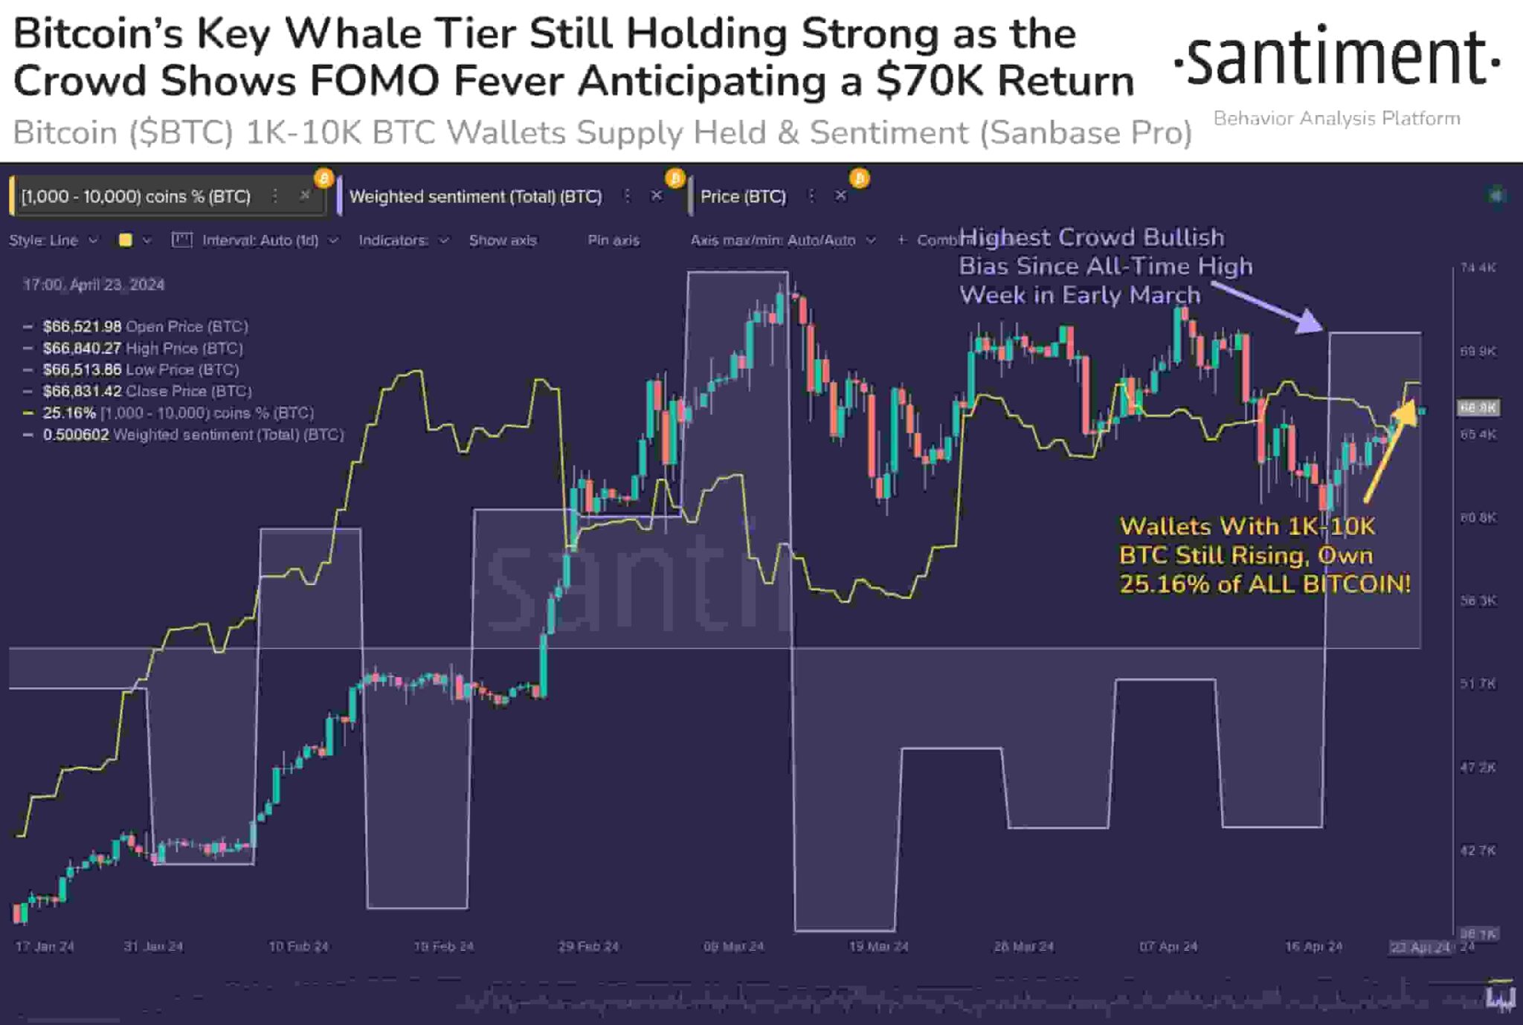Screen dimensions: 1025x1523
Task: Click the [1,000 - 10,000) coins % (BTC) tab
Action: tap(136, 197)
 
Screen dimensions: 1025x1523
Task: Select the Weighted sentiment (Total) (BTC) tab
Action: tap(475, 197)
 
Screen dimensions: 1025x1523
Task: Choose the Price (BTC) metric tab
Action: tap(743, 197)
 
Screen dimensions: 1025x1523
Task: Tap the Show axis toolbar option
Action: tap(503, 241)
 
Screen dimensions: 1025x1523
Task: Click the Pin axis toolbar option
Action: tap(613, 241)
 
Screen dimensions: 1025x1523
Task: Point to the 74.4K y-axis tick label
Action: tap(1478, 268)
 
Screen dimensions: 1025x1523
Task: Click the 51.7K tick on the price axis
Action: tap(1478, 684)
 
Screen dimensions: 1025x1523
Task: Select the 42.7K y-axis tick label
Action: tap(1478, 850)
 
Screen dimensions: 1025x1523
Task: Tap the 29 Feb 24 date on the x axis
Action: tap(588, 947)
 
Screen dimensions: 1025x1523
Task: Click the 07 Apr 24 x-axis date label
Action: tap(1168, 947)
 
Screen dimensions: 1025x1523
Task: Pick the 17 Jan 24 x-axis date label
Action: tap(45, 947)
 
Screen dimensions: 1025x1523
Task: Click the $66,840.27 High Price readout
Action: tap(82, 349)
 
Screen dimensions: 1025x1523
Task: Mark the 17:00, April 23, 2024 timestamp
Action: tap(94, 285)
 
